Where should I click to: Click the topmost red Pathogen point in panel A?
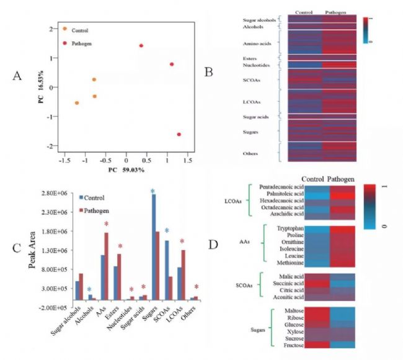coord(141,45)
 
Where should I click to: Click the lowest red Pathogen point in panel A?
coord(179,134)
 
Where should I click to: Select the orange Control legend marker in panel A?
coord(64,29)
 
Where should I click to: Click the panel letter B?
coord(209,71)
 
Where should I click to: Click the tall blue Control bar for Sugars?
coord(153,251)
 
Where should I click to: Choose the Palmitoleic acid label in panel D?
coord(285,193)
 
